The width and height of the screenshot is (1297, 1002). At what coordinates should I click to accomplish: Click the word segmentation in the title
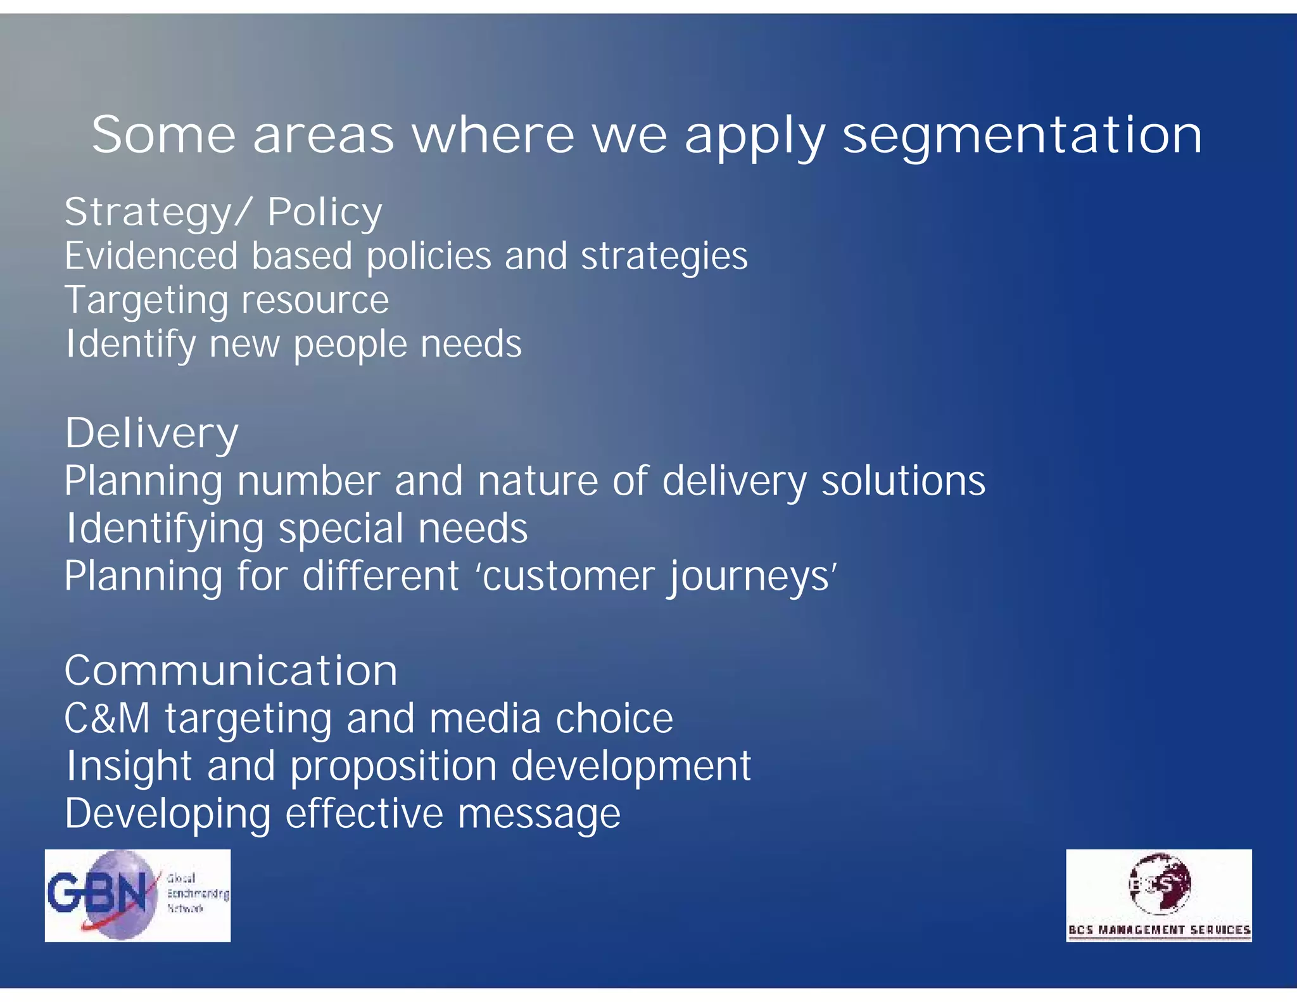point(1022,136)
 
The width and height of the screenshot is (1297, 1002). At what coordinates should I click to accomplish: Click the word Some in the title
point(163,135)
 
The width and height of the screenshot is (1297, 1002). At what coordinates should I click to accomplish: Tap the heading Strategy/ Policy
point(224,212)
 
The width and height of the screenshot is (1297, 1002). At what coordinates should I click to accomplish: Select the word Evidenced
point(151,256)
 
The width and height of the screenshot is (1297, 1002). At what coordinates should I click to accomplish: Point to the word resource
point(315,300)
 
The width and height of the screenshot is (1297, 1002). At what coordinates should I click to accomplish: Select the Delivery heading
point(152,434)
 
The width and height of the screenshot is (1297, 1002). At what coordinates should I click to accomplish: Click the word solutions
point(903,481)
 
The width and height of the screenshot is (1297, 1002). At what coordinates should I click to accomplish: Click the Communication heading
point(231,671)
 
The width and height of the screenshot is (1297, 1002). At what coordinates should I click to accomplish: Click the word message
point(539,814)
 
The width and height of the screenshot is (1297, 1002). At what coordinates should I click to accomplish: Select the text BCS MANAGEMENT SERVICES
point(1159,930)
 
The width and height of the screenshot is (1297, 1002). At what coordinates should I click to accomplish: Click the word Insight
point(129,766)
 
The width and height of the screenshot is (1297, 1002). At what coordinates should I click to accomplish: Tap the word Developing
point(167,815)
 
